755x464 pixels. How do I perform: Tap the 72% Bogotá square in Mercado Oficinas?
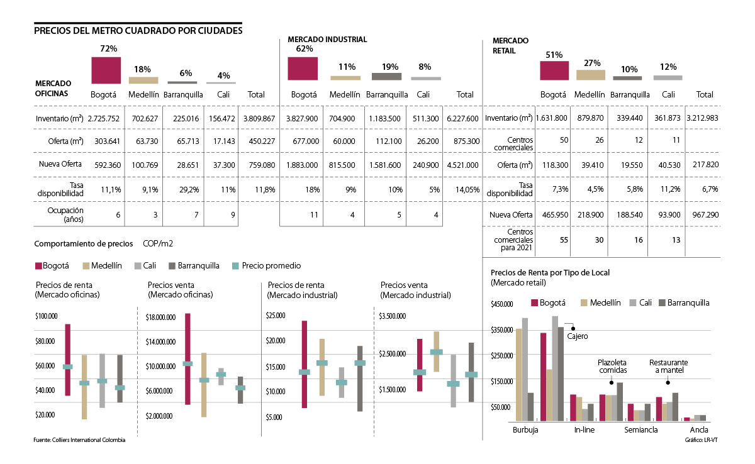click(x=106, y=70)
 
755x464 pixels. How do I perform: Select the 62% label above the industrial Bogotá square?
click(x=304, y=48)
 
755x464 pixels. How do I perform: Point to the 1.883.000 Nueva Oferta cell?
click(x=301, y=165)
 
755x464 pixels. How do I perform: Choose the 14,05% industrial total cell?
click(x=464, y=189)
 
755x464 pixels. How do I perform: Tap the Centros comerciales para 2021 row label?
click(x=511, y=240)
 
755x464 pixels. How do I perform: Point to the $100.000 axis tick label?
click(x=48, y=316)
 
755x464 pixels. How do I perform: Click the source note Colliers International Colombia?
click(x=79, y=440)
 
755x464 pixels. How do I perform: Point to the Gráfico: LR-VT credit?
click(x=701, y=439)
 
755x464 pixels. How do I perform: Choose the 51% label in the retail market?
click(x=554, y=55)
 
